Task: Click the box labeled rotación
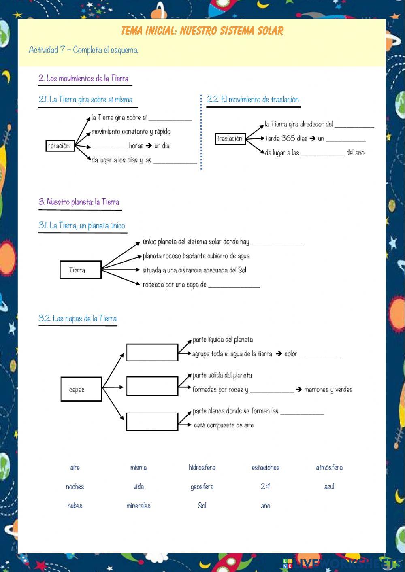[x=60, y=146]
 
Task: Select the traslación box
[x=230, y=138]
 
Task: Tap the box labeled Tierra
[x=80, y=270]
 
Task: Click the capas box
[x=81, y=389]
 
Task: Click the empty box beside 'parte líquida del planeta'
[x=152, y=352]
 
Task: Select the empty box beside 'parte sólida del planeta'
[x=152, y=386]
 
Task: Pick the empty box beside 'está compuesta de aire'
[x=152, y=421]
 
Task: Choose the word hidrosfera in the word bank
[x=202, y=467]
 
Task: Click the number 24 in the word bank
[x=265, y=486]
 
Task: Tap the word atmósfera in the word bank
[x=329, y=467]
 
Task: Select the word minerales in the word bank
[x=138, y=506]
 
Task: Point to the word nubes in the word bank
[x=75, y=506]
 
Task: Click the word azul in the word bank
[x=329, y=486]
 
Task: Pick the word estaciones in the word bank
[x=265, y=467]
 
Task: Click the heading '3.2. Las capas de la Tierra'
[x=78, y=319]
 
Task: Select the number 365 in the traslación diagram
[x=288, y=138]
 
